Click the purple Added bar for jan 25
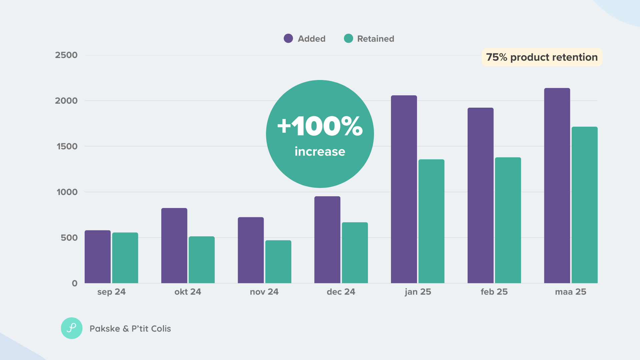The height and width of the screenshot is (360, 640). (404, 189)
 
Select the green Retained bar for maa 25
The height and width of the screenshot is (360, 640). (585, 205)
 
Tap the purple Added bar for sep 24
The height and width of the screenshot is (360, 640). (98, 257)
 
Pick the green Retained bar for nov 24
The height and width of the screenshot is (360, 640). (278, 262)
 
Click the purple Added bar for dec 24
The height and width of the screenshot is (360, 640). (327, 240)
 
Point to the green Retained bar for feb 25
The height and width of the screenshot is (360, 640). (508, 220)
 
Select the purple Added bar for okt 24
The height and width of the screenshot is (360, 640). (174, 246)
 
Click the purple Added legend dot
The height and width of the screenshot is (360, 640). (288, 38)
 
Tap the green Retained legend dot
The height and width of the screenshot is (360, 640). (348, 38)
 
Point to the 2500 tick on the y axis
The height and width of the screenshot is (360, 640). (66, 55)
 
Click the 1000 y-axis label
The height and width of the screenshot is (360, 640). (67, 192)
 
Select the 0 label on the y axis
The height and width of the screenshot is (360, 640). (75, 283)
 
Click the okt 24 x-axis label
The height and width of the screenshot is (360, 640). (188, 292)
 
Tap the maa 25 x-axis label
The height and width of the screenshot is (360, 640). (571, 292)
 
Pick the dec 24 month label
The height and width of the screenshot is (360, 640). (341, 292)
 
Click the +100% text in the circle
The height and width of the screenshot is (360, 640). (320, 126)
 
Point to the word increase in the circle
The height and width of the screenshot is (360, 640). (320, 151)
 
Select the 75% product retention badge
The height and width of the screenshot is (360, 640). (542, 57)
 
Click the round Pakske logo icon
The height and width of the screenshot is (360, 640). (72, 328)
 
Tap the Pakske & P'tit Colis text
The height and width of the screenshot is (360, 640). (130, 329)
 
